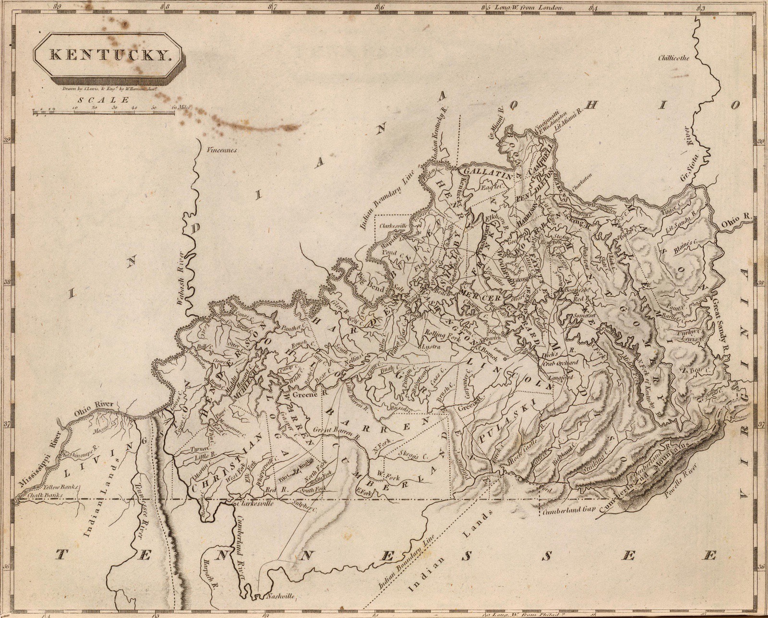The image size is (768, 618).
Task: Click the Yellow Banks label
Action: (59, 487)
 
